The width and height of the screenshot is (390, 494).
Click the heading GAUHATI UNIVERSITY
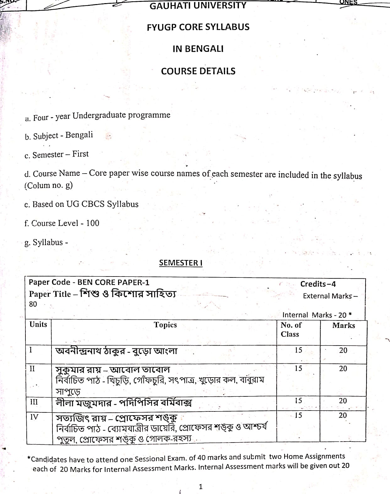coord(198,6)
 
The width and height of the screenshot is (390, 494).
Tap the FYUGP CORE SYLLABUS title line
coord(198,27)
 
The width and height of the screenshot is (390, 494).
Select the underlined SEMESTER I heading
coord(181,263)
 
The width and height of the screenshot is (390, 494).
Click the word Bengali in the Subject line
coord(79,135)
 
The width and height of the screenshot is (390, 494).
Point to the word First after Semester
coord(80,154)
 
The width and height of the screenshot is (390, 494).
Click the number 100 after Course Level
coord(93,223)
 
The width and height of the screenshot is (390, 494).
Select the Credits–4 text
coord(318,284)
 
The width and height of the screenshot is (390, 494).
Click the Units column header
coord(38,325)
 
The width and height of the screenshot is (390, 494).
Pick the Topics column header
coord(165,325)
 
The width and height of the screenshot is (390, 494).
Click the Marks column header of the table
coord(344,325)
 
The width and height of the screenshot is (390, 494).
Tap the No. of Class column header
coord(291,330)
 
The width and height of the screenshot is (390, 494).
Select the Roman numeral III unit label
coord(34,402)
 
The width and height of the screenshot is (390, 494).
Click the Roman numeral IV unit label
coord(34,417)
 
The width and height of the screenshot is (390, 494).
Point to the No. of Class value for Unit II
coord(298,368)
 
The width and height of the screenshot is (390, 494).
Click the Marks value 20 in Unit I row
coord(343,350)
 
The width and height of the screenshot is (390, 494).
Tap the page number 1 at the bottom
coord(201,487)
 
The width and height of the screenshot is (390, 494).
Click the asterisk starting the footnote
coord(29,459)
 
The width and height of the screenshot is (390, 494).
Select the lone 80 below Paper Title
coord(33,304)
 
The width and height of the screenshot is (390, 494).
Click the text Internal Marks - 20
coord(317,315)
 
